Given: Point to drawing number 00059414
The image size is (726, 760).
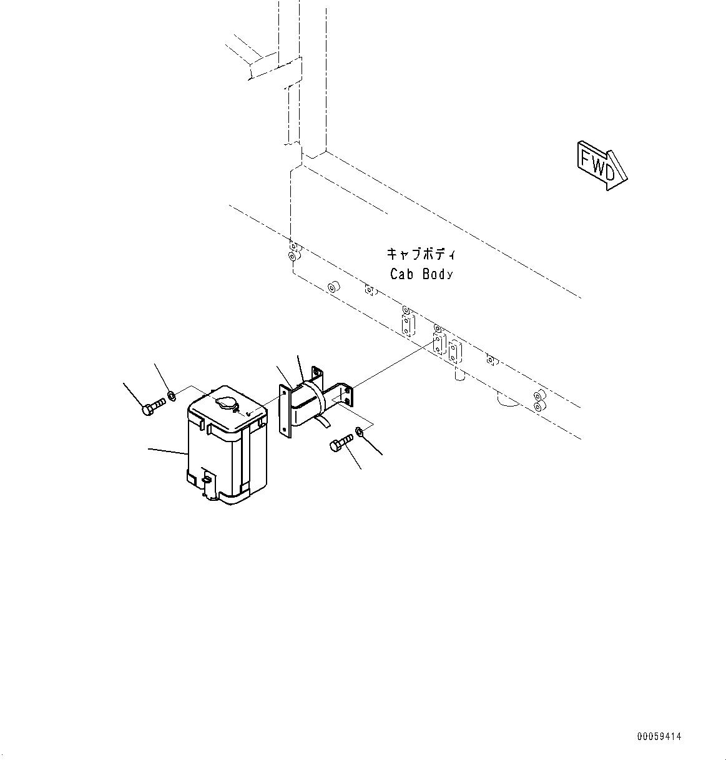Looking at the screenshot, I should [x=659, y=737].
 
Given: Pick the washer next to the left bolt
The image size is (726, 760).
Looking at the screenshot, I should [x=171, y=395].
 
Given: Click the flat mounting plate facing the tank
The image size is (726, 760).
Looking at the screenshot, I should [x=285, y=409].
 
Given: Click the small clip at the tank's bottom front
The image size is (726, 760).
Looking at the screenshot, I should [x=205, y=478].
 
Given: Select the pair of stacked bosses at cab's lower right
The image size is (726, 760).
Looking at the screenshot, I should [x=538, y=401].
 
